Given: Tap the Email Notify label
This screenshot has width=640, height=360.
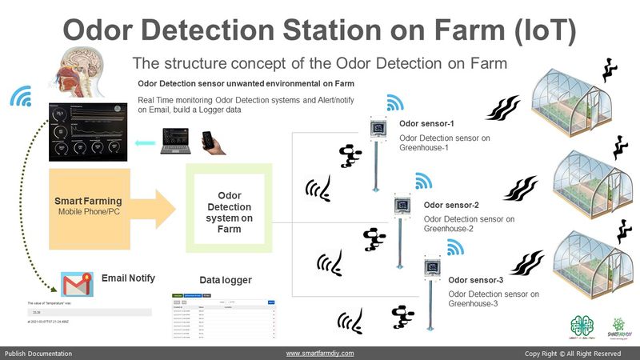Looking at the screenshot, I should click(x=128, y=278).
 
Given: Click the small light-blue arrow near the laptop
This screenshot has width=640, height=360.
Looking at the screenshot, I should click(x=144, y=143).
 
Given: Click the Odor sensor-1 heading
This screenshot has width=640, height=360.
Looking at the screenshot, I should click(x=426, y=125).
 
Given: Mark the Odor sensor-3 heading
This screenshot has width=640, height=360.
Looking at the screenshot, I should click(x=475, y=280).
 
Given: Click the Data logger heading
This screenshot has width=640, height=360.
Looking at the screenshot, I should click(x=225, y=280).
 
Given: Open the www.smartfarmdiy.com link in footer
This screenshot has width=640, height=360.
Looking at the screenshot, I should click(x=320, y=353).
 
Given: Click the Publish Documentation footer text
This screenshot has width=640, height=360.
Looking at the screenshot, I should click(x=38, y=353).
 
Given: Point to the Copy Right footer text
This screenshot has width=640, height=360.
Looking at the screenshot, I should click(x=572, y=353).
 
